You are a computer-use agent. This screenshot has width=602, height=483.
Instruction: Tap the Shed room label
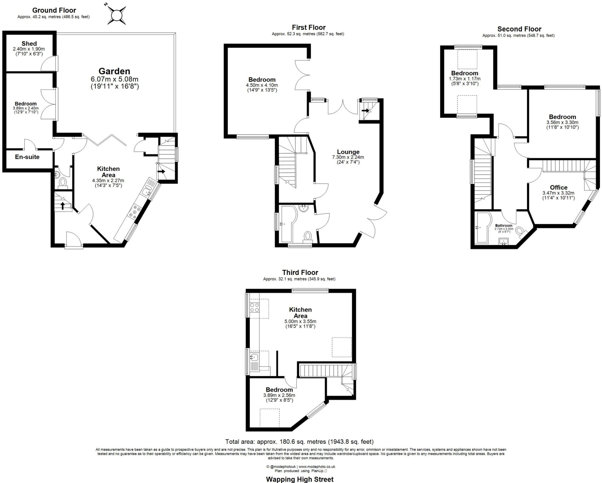pos(29,43)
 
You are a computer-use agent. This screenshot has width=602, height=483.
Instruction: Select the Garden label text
pos(114,71)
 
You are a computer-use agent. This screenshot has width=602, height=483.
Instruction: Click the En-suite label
pos(27,157)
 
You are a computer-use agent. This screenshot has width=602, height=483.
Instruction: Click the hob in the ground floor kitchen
pos(134,212)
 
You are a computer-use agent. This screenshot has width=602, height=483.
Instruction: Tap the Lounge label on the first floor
pos(348,152)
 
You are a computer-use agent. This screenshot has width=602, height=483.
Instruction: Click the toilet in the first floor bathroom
pos(307,236)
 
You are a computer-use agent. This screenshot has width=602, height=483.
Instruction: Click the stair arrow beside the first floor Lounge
pos(366,111)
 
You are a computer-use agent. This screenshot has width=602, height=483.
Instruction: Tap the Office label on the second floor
pos(558,187)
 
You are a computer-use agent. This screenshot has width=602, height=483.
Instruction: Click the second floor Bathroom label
pos(504,226)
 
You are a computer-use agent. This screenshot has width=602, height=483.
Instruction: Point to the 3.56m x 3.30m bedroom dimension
pos(562,123)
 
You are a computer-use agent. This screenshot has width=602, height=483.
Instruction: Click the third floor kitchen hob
pos(255,308)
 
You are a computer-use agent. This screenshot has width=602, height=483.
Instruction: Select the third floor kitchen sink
pos(254,357)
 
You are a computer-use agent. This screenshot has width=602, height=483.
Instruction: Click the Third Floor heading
pos(300,272)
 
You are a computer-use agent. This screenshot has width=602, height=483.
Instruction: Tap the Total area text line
pos(299,442)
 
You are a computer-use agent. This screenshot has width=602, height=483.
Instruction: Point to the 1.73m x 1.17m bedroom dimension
pos(464,79)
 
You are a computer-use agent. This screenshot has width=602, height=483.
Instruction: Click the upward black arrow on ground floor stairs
pos(63,205)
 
